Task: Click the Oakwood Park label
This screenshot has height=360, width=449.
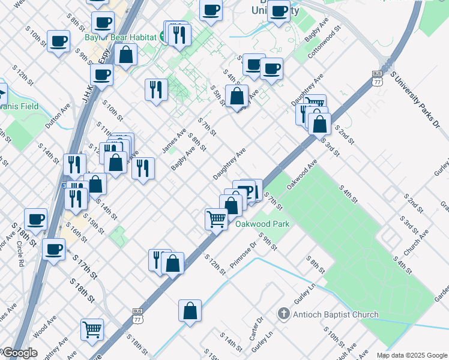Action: pyautogui.click(x=262, y=224)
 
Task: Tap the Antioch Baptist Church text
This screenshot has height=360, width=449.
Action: pyautogui.click(x=336, y=314)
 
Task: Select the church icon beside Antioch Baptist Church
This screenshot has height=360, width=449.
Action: pyautogui.click(x=284, y=314)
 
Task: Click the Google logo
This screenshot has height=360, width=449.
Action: pyautogui.click(x=19, y=353)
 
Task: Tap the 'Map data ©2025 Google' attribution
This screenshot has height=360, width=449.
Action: pyautogui.click(x=412, y=355)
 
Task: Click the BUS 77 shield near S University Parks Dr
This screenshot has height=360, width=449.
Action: pyautogui.click(x=377, y=78)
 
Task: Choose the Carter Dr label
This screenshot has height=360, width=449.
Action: pyautogui.click(x=259, y=327)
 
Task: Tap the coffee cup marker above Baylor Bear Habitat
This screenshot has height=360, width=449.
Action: pyautogui.click(x=103, y=23)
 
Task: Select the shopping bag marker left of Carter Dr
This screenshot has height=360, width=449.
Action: pyautogui.click(x=190, y=311)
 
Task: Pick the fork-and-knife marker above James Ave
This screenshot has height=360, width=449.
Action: pyautogui.click(x=156, y=90)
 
